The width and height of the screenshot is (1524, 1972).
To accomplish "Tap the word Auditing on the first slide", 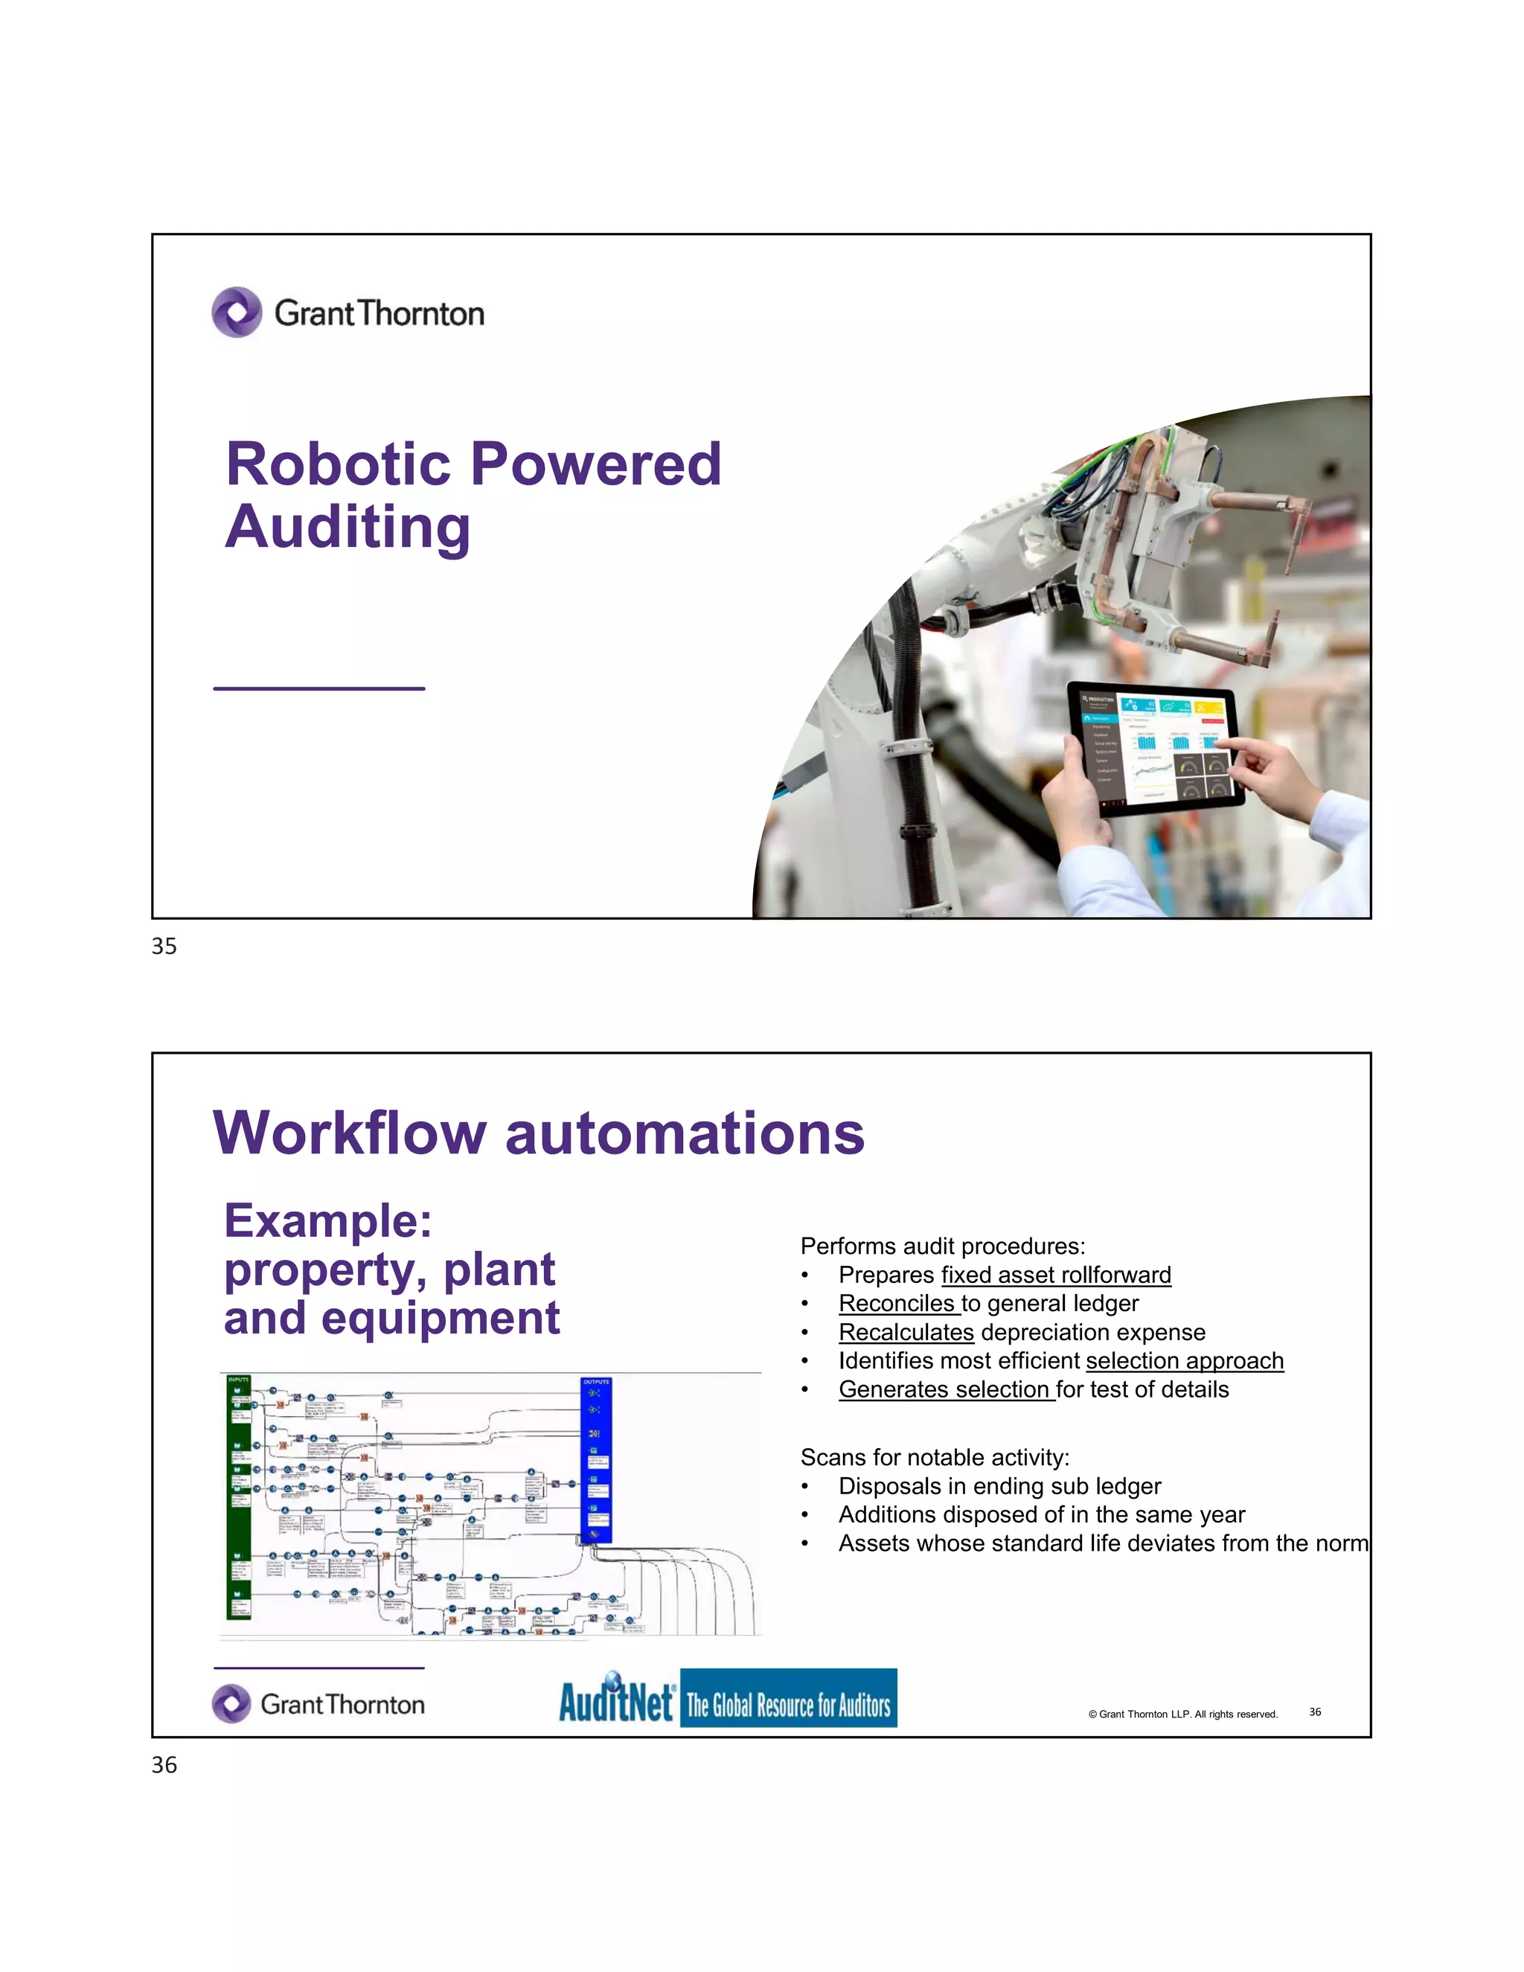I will [x=348, y=528].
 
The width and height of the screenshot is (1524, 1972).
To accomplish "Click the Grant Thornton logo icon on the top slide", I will [x=237, y=313].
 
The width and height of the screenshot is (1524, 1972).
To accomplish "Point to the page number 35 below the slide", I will [x=164, y=947].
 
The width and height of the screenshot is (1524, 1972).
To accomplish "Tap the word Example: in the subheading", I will [x=327, y=1220].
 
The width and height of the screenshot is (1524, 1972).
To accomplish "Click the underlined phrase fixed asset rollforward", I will [x=1055, y=1275].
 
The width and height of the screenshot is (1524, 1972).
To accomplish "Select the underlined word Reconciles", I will [x=898, y=1304].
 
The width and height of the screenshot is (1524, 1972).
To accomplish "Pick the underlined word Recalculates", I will [x=906, y=1333].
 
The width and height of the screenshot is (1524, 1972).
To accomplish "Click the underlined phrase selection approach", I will [x=1184, y=1361].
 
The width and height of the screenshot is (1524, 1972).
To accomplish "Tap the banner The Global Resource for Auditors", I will [x=788, y=1706].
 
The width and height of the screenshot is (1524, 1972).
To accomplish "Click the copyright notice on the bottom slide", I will [x=1182, y=1714].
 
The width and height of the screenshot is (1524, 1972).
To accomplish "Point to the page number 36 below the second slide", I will [x=164, y=1765].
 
